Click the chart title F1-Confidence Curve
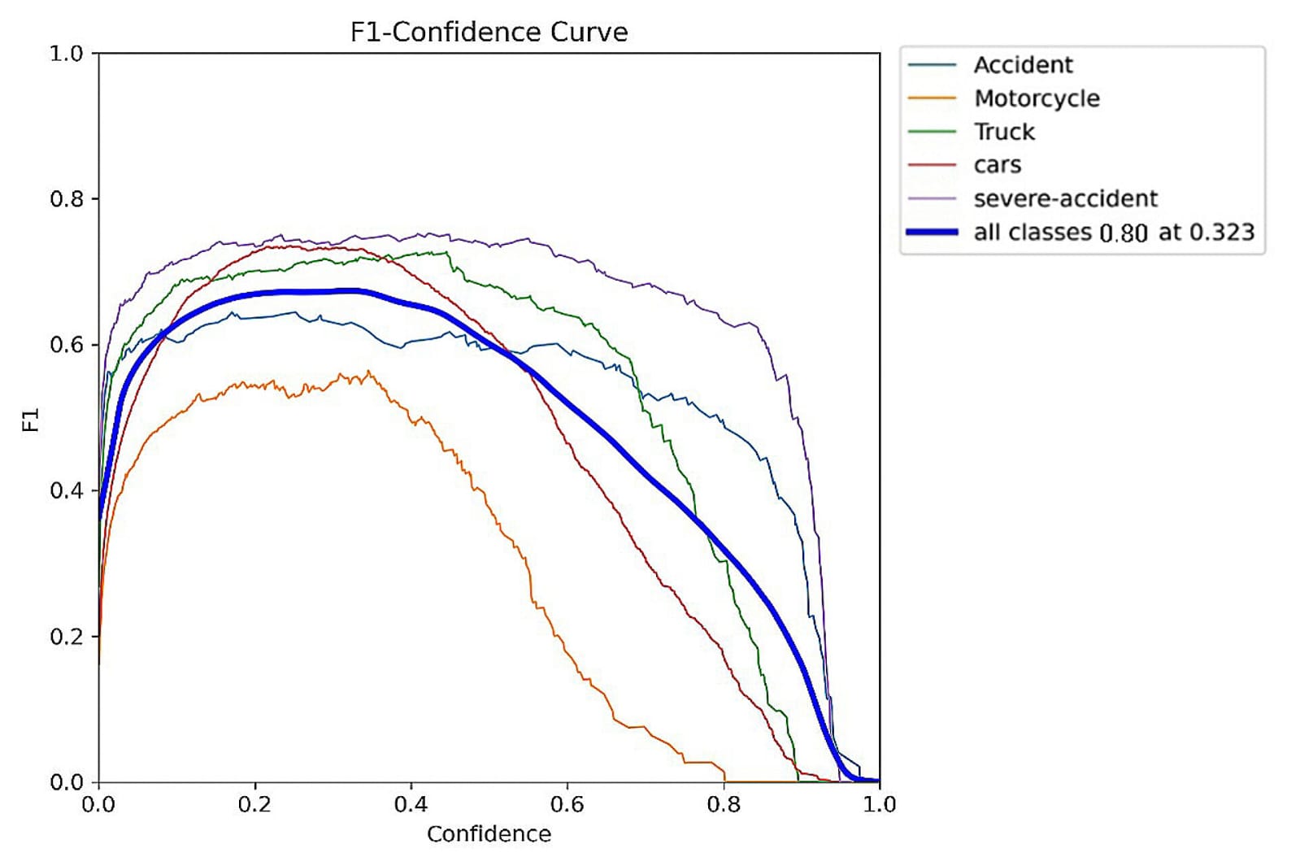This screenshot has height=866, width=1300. click(x=489, y=32)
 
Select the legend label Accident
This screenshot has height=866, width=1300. click(x=1023, y=65)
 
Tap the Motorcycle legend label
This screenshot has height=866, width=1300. click(x=1037, y=98)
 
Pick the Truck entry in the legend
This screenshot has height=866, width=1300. click(x=1004, y=132)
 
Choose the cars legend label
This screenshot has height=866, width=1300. click(x=997, y=165)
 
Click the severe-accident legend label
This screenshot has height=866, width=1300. click(x=1065, y=198)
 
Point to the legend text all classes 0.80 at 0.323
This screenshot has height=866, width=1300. click(x=1114, y=233)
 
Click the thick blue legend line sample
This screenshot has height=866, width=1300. click(x=932, y=233)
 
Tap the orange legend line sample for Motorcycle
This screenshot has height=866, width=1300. click(x=932, y=98)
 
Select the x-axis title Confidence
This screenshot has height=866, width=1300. click(x=489, y=834)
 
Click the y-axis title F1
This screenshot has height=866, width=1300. click(x=30, y=420)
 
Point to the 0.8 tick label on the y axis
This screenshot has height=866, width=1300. click(x=67, y=199)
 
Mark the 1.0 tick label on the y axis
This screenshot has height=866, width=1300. click(x=67, y=54)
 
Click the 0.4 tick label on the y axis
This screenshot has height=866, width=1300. click(x=67, y=491)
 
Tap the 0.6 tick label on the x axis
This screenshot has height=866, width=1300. click(x=567, y=805)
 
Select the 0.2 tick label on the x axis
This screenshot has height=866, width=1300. click(x=254, y=805)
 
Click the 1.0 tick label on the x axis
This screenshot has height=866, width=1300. click(x=879, y=805)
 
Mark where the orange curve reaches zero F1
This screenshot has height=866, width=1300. click(x=724, y=781)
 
